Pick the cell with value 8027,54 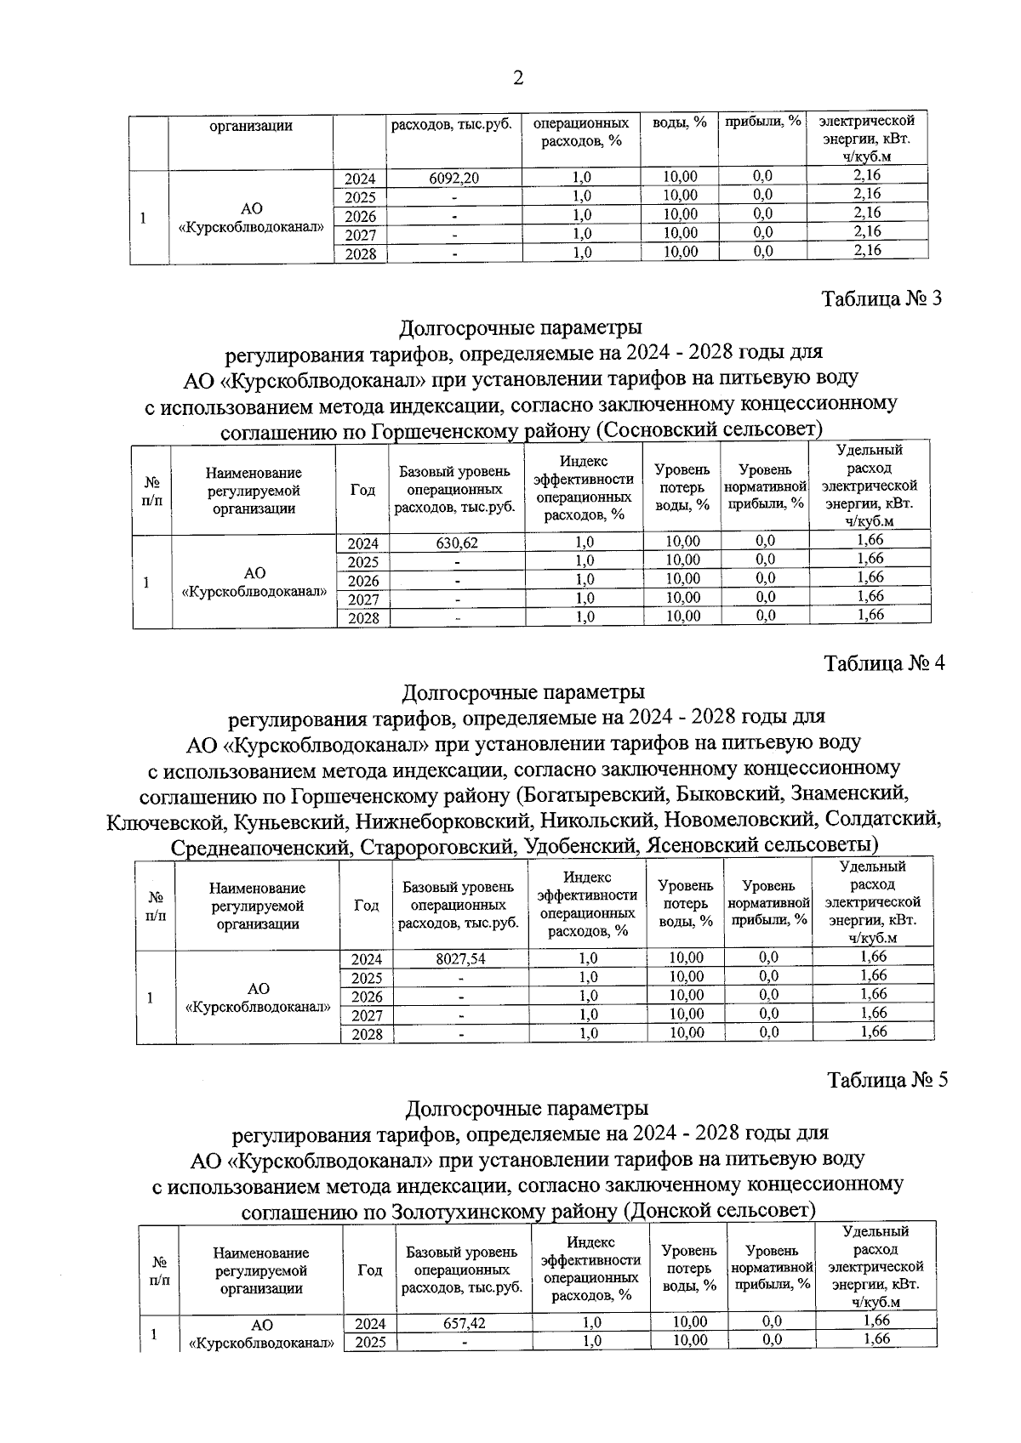coord(460,958)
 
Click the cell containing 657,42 coord(464,1323)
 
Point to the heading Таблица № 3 coord(881,299)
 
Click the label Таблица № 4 coord(884,663)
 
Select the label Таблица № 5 coord(887,1080)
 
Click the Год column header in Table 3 coord(362,490)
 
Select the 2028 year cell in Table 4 coord(367,1034)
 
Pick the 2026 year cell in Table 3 coord(363,581)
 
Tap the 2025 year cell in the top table coord(361,197)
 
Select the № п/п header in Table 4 coord(156,906)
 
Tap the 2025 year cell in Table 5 coord(370,1342)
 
